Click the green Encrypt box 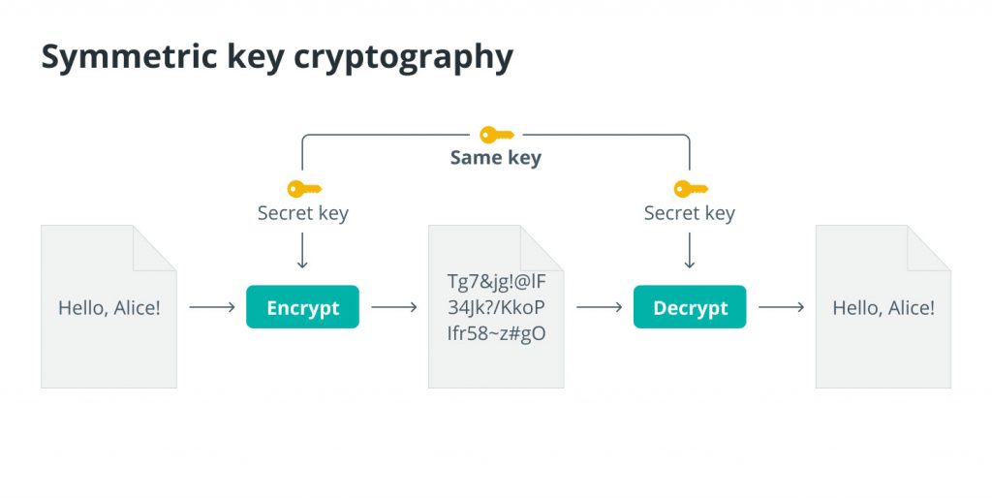302,307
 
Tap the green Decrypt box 690,307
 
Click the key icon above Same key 497,135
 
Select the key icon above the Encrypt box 304,189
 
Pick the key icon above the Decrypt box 691,189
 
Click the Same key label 496,158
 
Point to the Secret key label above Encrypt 303,213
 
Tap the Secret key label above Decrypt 690,213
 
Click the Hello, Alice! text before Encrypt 109,307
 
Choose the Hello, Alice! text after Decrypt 883,307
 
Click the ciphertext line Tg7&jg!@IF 497,280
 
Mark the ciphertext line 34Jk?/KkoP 497,307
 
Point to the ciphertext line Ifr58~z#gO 497,333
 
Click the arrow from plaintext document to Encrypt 212,307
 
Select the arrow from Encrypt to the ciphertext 394,307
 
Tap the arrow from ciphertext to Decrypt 600,307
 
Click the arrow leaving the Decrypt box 782,307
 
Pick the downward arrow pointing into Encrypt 302,251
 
